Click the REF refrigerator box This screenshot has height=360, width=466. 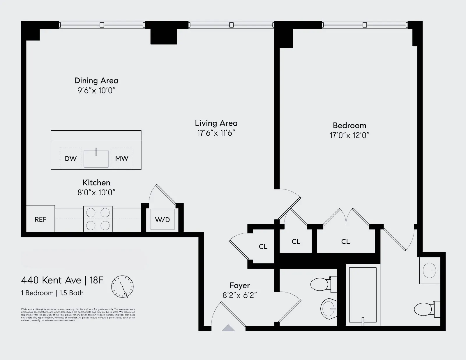(40, 219)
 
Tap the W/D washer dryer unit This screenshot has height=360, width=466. (162, 219)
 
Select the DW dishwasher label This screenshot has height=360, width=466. (70, 159)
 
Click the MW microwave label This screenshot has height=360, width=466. (121, 158)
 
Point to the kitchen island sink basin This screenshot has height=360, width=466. (96, 159)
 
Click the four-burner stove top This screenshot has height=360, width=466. (98, 219)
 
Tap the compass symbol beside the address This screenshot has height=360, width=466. (122, 286)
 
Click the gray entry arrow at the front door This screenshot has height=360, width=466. (228, 328)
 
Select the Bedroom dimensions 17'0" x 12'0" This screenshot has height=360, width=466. (349, 135)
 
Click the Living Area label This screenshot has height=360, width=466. (216, 123)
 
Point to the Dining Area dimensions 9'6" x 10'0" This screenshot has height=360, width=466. (96, 91)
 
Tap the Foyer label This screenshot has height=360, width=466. (240, 285)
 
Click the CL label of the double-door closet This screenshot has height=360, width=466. (345, 242)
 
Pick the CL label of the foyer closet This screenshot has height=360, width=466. (263, 246)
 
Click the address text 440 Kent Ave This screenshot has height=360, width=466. (51, 280)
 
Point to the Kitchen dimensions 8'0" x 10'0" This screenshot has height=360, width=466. (96, 192)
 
